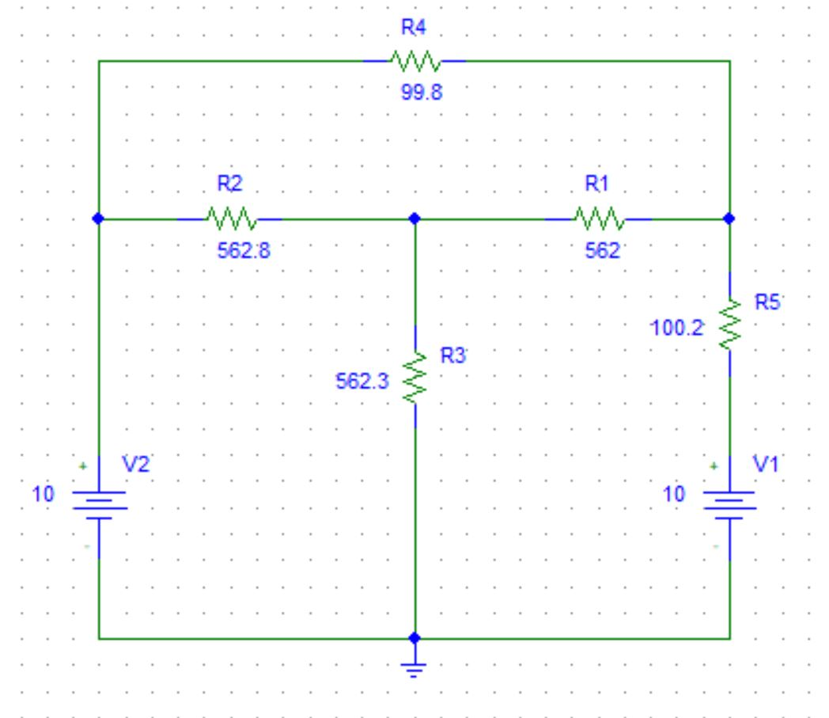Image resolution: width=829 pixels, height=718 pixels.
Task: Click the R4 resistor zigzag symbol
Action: tap(414, 60)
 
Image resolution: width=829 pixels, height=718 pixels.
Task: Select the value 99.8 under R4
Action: tap(422, 92)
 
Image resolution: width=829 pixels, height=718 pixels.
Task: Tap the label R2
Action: tap(229, 184)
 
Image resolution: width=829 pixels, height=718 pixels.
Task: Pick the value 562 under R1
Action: tap(603, 251)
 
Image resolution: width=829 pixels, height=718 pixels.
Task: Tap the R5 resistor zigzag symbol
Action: tap(729, 324)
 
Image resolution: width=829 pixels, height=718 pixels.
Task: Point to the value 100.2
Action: tap(677, 328)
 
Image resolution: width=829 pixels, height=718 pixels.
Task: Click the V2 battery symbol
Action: tap(98, 503)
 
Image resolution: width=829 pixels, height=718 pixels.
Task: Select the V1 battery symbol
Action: tap(729, 503)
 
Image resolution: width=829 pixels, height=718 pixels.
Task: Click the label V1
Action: tap(767, 466)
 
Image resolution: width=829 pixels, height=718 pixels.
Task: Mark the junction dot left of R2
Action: tap(98, 218)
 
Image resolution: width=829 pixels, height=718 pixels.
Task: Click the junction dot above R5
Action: tap(729, 218)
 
